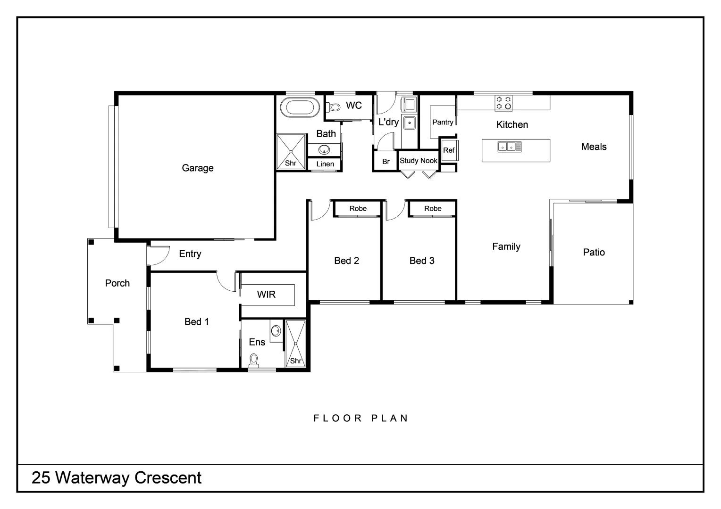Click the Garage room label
tap(198, 168)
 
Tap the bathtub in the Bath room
tap(300, 107)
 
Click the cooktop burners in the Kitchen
tap(503, 103)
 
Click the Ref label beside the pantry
tap(449, 150)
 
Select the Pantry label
tap(443, 123)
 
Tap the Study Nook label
tap(419, 161)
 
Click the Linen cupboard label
tap(325, 164)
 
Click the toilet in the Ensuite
tap(254, 361)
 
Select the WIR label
tap(266, 295)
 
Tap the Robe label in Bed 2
tap(358, 208)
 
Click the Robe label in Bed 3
tap(432, 208)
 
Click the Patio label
tap(594, 253)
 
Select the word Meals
tap(594, 147)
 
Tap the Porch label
tap(117, 283)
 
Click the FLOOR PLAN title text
tap(361, 418)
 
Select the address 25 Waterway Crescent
tap(117, 478)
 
